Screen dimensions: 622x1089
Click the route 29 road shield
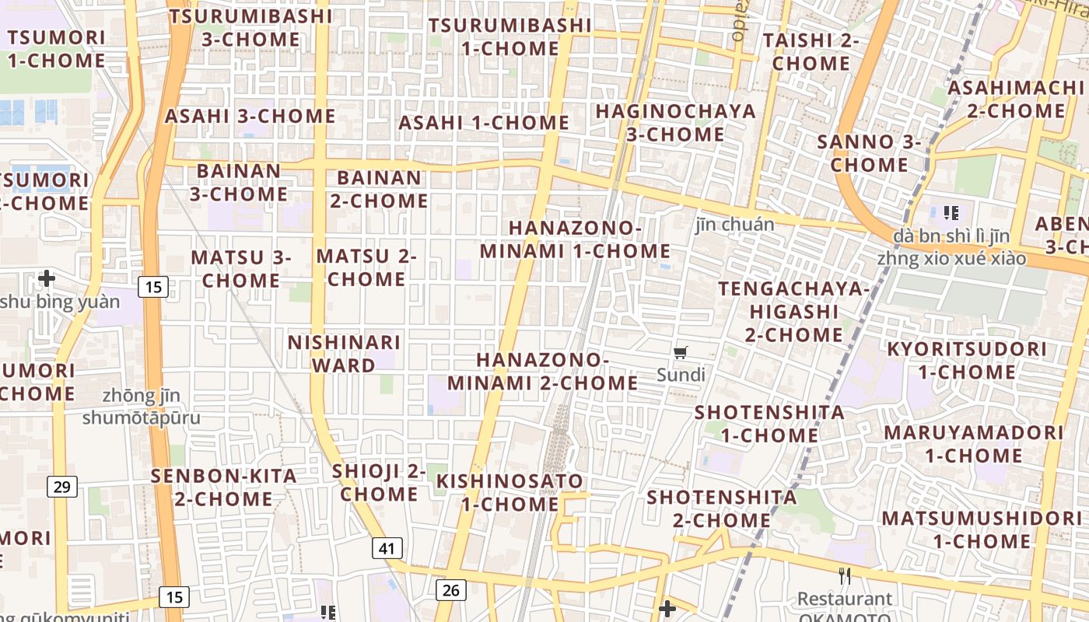pos(61,487)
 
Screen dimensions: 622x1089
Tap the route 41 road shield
pos(387,548)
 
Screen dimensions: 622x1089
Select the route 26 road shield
pos(450,590)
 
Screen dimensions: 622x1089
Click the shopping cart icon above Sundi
pos(681,353)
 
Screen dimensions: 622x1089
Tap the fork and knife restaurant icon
pos(845,576)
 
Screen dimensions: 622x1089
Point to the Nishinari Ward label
pos(344,354)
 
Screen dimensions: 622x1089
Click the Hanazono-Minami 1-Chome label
pos(575,239)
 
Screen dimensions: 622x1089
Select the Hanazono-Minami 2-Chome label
pos(542,372)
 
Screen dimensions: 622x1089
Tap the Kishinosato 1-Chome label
pos(509,492)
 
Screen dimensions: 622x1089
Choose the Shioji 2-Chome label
pos(379,482)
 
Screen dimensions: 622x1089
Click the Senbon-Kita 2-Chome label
pos(224,487)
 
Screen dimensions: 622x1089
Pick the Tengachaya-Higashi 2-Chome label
pos(793,312)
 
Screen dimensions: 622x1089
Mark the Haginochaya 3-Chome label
pos(675,123)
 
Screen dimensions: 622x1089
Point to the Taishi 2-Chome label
pos(811,51)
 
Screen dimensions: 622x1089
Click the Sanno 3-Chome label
pos(869,153)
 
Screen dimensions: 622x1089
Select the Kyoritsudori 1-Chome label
pos(967,361)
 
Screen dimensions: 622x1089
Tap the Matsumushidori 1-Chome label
pos(982,529)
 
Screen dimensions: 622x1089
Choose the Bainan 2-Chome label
pos(379,189)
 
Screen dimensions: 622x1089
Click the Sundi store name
pos(681,376)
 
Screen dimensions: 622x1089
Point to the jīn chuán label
pos(734,225)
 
